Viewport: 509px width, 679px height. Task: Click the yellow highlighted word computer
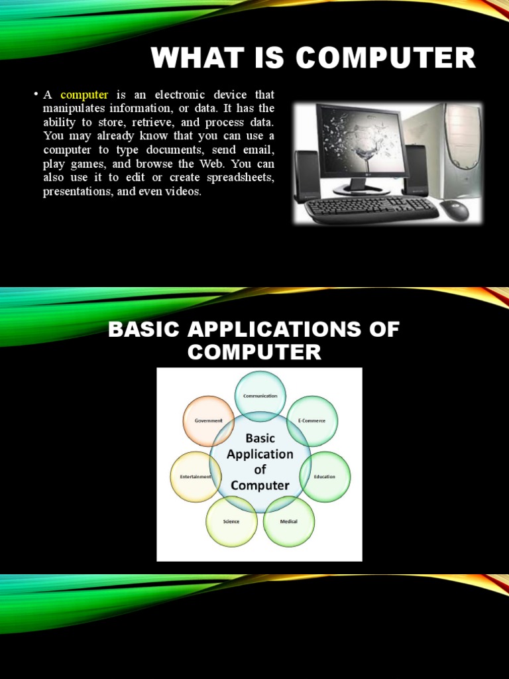click(x=84, y=95)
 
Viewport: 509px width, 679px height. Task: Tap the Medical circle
click(x=289, y=521)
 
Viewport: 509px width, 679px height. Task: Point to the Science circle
click(x=231, y=521)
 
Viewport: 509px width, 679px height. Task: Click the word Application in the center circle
click(x=260, y=454)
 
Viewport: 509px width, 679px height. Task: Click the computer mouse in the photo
click(x=454, y=210)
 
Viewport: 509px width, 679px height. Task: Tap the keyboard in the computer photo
click(x=371, y=209)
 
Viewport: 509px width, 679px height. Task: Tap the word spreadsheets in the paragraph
click(x=245, y=178)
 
